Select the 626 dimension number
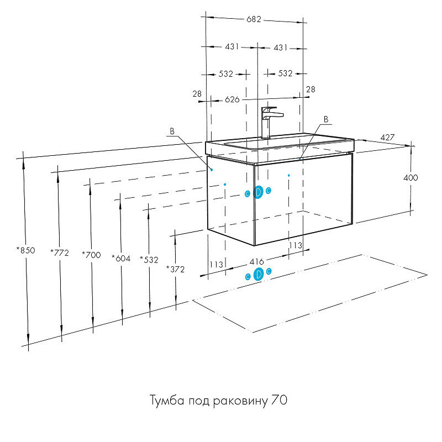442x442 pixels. coord(232,99)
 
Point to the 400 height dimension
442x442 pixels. coord(411,178)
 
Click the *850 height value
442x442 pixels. coord(25,250)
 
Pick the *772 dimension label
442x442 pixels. coord(59,253)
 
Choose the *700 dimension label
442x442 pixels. coord(91,255)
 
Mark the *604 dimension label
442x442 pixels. coord(121,257)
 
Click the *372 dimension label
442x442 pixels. coord(175,269)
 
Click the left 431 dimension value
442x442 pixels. coord(232,47)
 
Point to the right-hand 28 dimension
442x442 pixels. coord(311,89)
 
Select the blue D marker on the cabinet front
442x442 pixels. coord(258,192)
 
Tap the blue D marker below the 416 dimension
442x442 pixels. coord(258,274)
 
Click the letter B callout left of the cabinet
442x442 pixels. coord(172,131)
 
